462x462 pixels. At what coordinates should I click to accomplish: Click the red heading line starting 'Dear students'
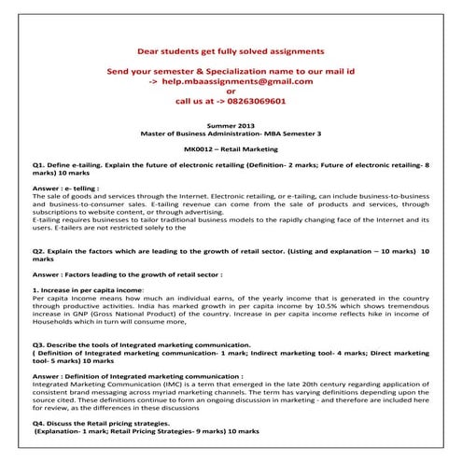(x=231, y=49)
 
